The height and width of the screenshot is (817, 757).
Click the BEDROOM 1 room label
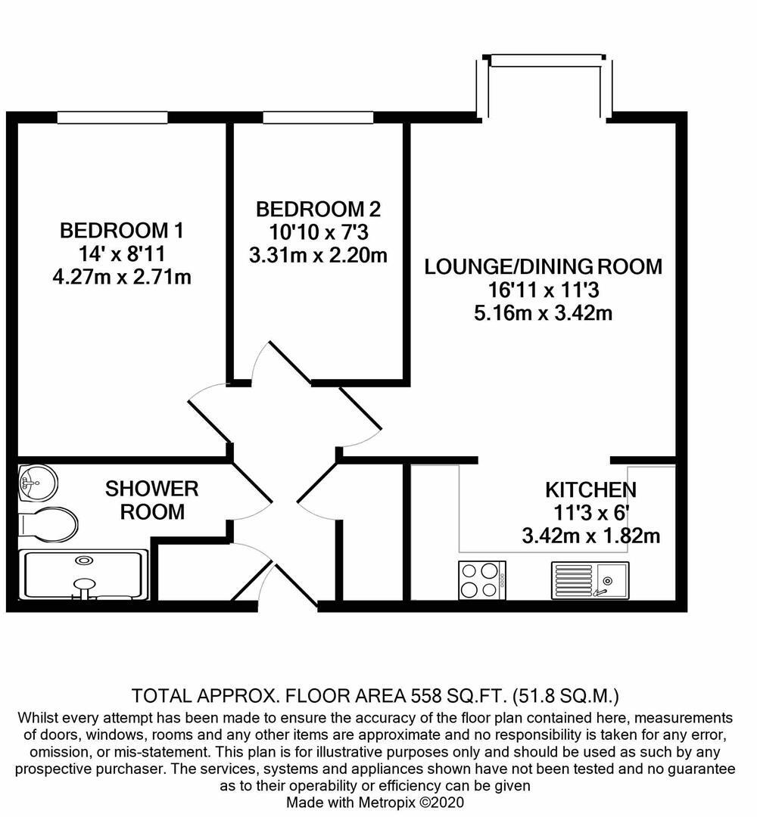point(121,229)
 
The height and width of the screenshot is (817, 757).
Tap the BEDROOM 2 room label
point(318,209)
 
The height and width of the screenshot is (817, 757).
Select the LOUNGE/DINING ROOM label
point(543,266)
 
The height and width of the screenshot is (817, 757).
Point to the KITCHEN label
point(590,489)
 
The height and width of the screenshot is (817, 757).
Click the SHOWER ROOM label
point(151,499)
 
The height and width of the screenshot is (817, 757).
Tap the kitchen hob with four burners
point(482,580)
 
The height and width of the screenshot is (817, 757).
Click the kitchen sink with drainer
point(590,580)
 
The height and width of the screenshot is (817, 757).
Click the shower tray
point(83,575)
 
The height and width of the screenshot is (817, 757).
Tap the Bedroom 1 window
point(113,117)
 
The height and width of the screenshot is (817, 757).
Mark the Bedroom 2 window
point(317,117)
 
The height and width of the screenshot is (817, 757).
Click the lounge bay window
point(544,59)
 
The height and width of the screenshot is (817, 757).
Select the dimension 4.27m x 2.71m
point(121,277)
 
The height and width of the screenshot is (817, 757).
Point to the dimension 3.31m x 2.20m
point(318,255)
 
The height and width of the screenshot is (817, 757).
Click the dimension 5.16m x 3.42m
point(543,312)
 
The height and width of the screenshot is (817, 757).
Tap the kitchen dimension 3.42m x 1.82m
point(590,536)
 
